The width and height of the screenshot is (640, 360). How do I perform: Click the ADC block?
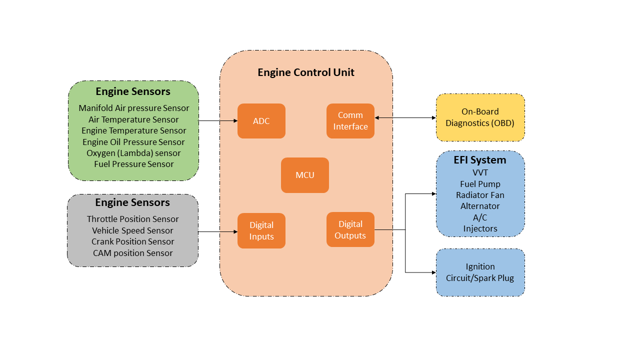point(261,121)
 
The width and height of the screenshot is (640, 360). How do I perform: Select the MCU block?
point(304,175)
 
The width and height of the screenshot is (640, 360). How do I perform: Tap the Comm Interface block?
point(350,121)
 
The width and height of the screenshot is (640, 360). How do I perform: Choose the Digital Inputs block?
point(261,230)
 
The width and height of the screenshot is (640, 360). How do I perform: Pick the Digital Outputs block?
point(350,229)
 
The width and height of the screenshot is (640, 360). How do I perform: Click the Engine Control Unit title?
point(305,72)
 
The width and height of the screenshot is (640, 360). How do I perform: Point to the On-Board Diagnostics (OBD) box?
point(480,117)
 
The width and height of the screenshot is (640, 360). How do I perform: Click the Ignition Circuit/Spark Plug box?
point(480,272)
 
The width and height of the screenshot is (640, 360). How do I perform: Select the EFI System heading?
point(480,160)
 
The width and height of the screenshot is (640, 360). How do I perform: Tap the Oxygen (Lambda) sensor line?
point(133,153)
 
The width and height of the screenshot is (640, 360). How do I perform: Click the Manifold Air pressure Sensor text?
point(133,108)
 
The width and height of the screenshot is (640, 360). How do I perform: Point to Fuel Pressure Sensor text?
point(133,164)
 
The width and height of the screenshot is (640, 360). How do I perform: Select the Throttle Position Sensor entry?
point(132,219)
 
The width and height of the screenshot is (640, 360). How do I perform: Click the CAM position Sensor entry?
point(132,253)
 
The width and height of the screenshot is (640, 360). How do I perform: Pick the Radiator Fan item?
point(480,195)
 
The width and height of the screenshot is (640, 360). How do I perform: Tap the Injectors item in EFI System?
point(480,228)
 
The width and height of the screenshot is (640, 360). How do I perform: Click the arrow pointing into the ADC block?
point(218,121)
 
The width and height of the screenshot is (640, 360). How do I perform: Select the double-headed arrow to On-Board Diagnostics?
point(405,118)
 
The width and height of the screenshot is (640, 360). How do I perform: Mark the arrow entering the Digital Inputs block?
point(218,232)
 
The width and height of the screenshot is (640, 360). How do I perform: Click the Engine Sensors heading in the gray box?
point(132,202)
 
